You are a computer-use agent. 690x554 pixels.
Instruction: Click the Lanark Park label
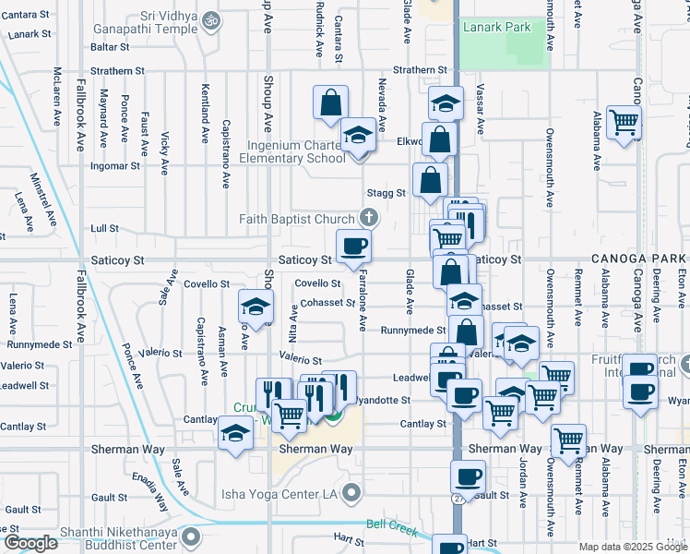point(497,28)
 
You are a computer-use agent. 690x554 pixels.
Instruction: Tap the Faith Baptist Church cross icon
point(369,219)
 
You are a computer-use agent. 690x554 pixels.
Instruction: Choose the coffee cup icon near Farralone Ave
point(354,246)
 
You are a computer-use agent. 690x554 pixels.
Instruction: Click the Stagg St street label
point(387,193)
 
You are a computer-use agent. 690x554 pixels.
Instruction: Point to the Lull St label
point(105,227)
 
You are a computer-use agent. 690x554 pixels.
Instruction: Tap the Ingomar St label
point(114,166)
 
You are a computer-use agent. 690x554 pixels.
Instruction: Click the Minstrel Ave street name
point(43,195)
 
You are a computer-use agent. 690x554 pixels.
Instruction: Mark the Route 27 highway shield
point(458,499)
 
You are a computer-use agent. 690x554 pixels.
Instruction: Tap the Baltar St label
point(110,45)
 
